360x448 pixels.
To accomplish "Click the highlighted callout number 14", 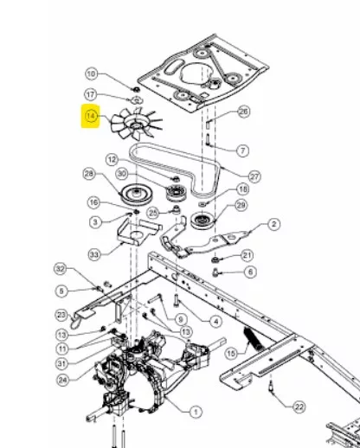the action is click(90, 116).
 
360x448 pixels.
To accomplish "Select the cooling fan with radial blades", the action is click(137, 124).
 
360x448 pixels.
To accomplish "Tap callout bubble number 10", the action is click(91, 74).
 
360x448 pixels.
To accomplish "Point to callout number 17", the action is click(91, 94).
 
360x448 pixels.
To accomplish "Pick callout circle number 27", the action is click(254, 176).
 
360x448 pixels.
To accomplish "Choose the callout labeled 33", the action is click(94, 254).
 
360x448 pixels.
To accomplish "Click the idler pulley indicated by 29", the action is click(202, 221).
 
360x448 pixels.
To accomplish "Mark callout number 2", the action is click(273, 224).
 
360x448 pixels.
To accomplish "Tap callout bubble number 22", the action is click(299, 407).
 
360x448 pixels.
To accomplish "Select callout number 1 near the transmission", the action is click(196, 412).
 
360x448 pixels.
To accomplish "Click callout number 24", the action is click(63, 381).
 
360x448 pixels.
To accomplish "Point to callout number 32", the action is click(61, 269).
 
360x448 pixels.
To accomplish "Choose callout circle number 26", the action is click(244, 112).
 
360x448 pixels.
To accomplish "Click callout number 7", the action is click(243, 150).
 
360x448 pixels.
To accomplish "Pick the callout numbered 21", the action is click(247, 255).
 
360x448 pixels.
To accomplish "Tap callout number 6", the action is click(250, 272).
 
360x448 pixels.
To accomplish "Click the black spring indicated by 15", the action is click(252, 336).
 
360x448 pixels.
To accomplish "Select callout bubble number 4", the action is click(216, 322).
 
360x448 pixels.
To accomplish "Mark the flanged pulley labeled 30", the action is click(177, 192).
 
